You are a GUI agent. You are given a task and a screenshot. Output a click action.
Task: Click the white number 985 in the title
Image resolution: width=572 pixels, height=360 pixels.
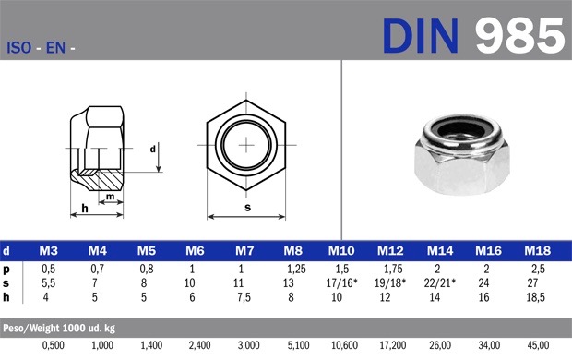click(519, 36)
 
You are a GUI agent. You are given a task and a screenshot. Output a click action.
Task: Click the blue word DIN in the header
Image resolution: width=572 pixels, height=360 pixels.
click(420, 36)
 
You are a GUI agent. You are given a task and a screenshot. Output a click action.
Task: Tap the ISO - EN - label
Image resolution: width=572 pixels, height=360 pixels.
click(41, 47)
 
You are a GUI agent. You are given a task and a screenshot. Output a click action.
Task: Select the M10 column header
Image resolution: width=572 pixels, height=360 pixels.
click(341, 251)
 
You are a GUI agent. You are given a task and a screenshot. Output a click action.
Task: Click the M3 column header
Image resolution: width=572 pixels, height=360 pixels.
click(49, 251)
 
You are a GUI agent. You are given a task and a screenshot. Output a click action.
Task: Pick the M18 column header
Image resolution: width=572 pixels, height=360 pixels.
click(537, 251)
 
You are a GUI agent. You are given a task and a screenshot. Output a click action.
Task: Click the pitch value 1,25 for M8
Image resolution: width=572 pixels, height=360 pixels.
click(296, 270)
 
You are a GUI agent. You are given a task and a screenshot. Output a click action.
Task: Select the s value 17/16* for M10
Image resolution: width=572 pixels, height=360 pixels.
click(341, 283)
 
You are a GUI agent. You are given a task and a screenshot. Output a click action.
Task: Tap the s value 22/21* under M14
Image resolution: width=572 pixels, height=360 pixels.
click(440, 283)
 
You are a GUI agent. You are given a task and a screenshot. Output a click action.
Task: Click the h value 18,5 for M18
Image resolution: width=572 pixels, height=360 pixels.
click(535, 297)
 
